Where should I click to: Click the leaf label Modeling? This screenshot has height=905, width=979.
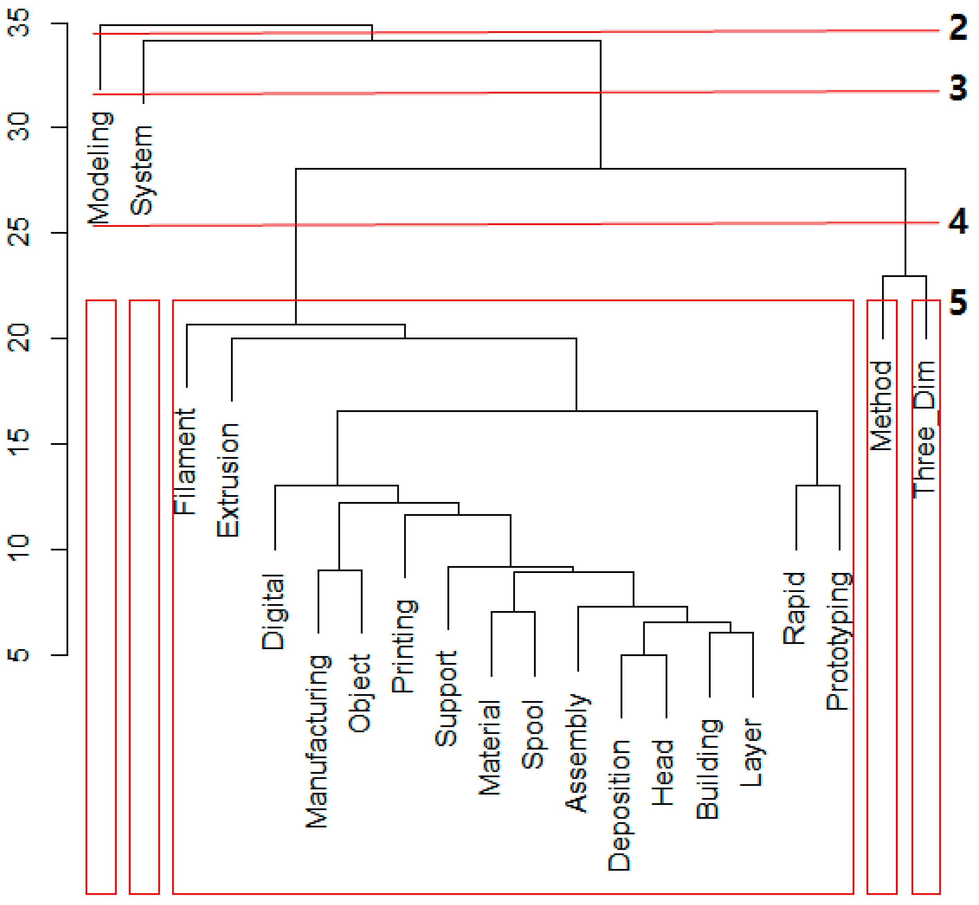(x=100, y=168)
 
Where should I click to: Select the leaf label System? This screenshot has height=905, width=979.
(x=142, y=170)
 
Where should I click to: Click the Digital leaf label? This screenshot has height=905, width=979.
(x=273, y=612)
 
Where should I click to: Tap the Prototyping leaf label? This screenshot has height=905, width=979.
(x=838, y=641)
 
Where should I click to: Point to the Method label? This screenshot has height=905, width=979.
(x=881, y=405)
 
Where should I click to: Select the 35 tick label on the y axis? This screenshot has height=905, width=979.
(x=20, y=23)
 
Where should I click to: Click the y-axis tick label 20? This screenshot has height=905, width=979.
(x=20, y=338)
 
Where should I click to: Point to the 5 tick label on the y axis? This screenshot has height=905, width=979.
(x=20, y=655)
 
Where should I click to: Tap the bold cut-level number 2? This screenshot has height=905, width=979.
(x=958, y=28)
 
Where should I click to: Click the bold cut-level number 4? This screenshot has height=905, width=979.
(x=958, y=221)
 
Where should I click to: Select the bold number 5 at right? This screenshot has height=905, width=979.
(x=958, y=302)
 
